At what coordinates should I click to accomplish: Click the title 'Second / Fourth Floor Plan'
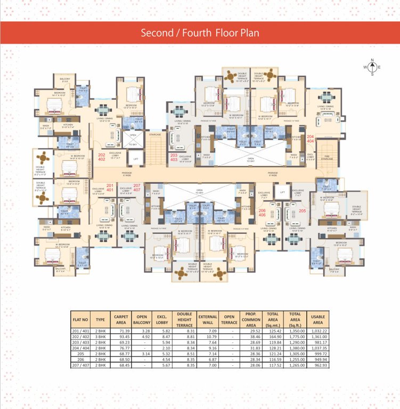tap(200, 33)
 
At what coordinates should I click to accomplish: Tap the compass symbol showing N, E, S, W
tap(372, 67)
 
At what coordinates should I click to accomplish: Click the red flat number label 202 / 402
tap(101, 157)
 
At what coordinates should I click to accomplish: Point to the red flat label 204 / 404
tap(311, 140)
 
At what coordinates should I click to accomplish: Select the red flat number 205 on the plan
tap(303, 211)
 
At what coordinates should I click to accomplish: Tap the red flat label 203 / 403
tap(174, 157)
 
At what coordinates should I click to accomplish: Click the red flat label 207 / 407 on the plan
tap(136, 187)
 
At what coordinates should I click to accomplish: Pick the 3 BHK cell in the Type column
tap(100, 337)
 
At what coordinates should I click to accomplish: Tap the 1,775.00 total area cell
tap(296, 337)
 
